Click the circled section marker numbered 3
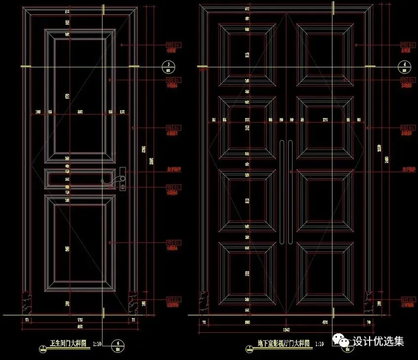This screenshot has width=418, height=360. pos(168,66)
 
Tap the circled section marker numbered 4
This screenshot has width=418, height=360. pos(404,66)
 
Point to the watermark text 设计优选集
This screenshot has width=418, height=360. pos(378,341)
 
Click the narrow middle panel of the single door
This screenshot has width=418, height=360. pos(80,179)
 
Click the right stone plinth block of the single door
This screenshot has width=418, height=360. pos(133,302)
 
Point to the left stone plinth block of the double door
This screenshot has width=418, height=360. pos(204,302)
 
